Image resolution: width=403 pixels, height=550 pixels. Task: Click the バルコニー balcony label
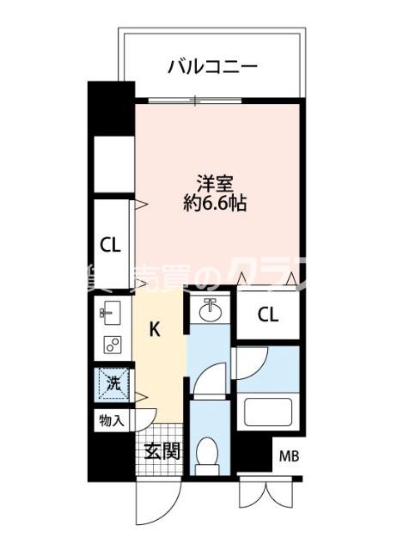point(212,64)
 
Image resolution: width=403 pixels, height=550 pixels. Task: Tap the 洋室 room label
point(215,183)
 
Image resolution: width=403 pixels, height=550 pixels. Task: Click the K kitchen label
point(156,328)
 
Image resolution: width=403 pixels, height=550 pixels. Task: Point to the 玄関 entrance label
point(161,450)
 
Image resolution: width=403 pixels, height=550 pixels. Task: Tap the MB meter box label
point(290,456)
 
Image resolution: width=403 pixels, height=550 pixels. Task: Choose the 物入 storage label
point(111,421)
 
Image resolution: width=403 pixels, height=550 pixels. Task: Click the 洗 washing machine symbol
point(113,383)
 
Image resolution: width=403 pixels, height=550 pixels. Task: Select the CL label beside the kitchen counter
point(111,245)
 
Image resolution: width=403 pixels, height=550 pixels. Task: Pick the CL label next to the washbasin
point(268,315)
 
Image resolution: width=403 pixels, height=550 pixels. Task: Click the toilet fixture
point(206,453)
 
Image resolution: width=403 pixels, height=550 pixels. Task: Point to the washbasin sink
point(209,309)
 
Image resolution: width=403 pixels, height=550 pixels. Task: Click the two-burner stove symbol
point(112,345)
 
